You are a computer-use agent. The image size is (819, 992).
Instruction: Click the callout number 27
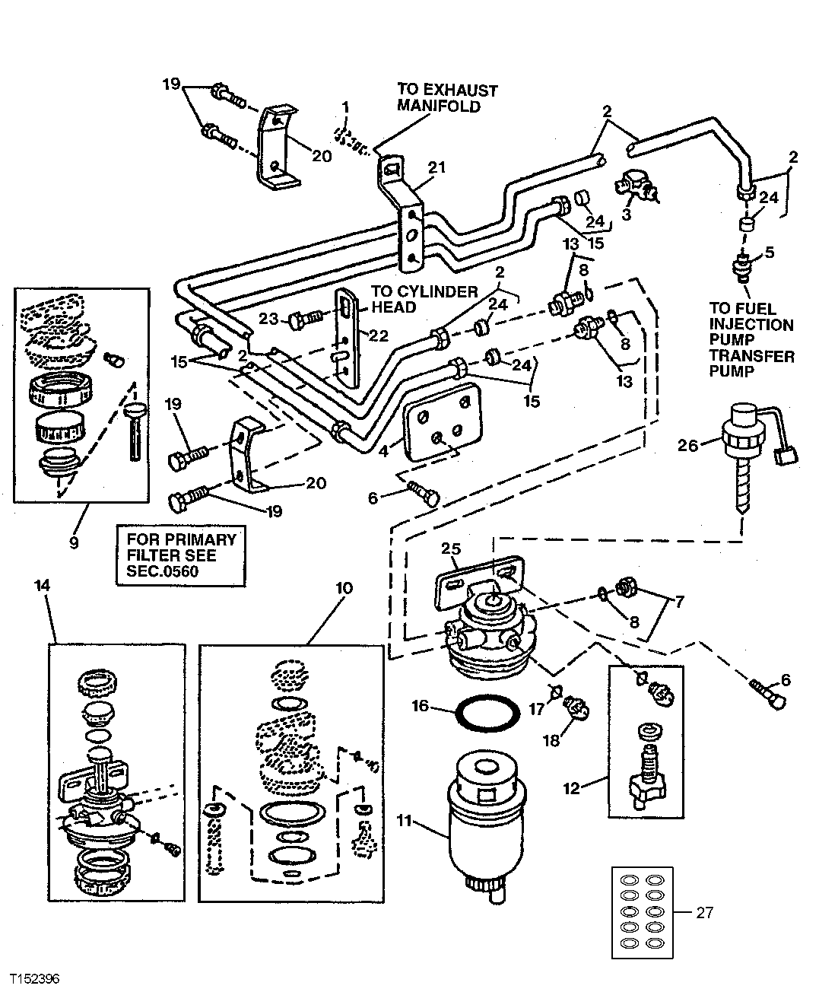pyautogui.click(x=704, y=911)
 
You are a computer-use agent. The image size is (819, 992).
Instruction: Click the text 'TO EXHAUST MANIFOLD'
pyautogui.click(x=447, y=98)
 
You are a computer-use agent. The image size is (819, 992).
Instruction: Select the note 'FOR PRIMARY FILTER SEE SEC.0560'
pyautogui.click(x=177, y=555)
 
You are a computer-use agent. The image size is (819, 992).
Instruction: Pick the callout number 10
pyautogui.click(x=344, y=587)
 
